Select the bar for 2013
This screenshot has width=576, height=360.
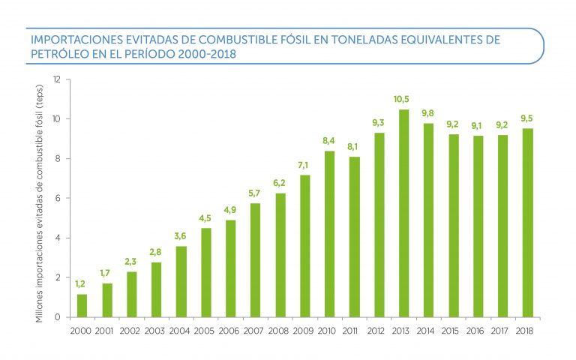[403, 214]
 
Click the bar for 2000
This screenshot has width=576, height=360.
[82, 305]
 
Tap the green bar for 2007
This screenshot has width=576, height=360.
[255, 260]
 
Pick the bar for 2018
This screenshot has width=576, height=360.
[527, 223]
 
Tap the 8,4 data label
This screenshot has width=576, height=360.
[329, 140]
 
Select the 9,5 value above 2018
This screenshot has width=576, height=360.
[527, 118]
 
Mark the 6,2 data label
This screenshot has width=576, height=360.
[280, 183]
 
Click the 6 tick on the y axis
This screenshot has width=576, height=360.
[58, 198]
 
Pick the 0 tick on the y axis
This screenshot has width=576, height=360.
[58, 317]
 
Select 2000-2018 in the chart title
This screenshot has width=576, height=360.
[202, 54]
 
